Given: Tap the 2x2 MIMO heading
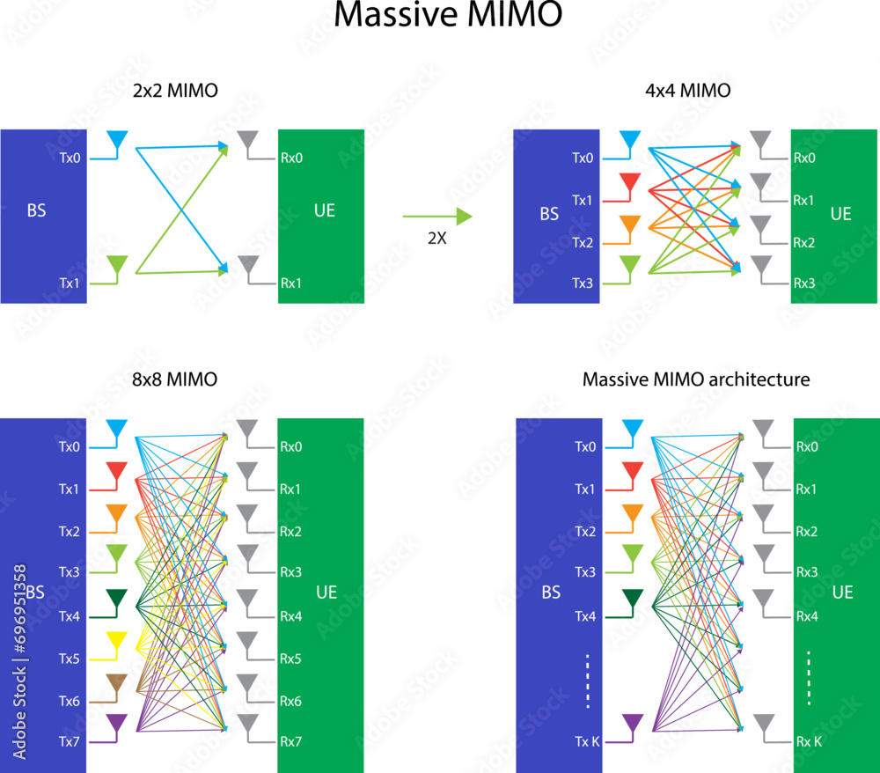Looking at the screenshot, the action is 175,91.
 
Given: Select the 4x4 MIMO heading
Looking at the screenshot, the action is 688,91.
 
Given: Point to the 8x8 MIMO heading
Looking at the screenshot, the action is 174,379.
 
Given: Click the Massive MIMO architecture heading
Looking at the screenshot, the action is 696,379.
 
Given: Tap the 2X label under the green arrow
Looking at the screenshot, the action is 437,238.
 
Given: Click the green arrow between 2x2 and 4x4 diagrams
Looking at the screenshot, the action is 437,216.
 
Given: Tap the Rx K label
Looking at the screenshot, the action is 809,741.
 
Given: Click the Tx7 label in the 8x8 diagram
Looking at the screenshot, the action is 69,741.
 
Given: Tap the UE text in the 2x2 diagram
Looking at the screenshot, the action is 325,210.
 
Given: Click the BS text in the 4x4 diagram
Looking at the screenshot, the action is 549,214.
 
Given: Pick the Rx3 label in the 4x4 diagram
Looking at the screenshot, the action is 804,283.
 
